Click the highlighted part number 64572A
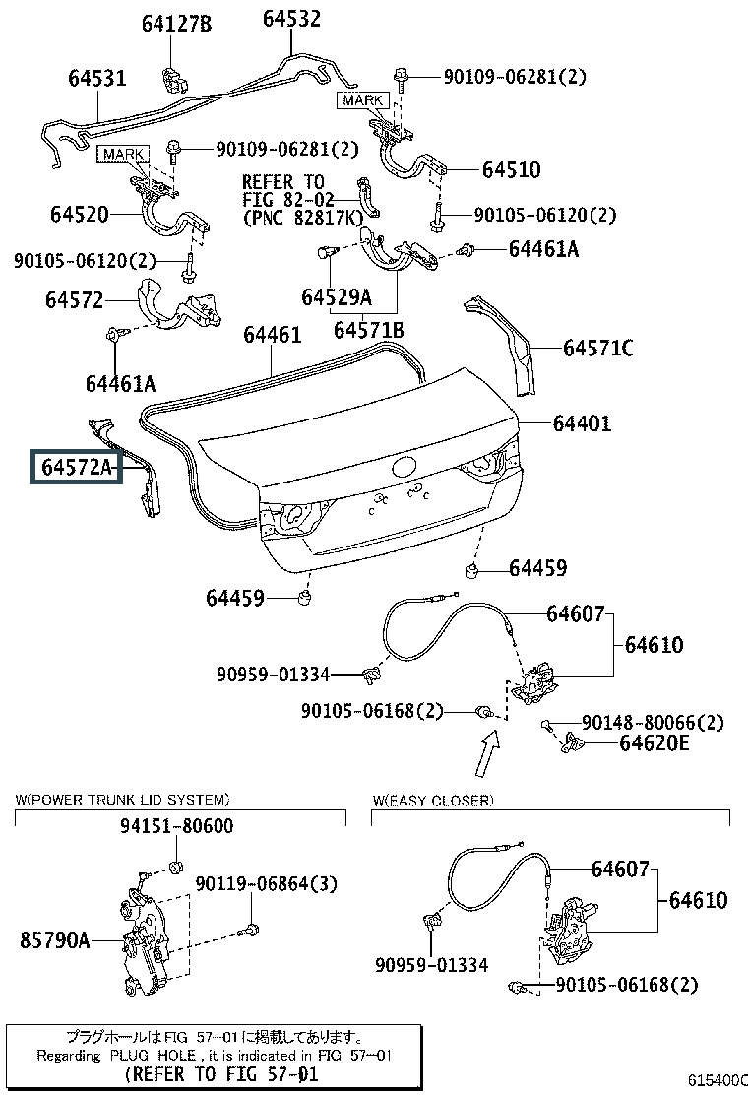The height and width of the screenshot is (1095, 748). (76, 467)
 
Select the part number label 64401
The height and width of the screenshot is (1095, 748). (582, 423)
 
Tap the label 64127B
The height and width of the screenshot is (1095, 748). (176, 24)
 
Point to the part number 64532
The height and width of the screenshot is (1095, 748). (291, 18)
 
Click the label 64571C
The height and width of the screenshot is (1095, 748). (598, 348)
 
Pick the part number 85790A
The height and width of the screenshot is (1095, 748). (55, 940)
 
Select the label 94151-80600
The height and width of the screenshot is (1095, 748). (176, 826)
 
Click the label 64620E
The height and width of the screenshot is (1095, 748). (654, 743)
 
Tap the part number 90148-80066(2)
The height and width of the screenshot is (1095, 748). (654, 722)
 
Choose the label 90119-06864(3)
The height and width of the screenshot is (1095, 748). (267, 884)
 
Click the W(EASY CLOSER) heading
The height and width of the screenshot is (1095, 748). (433, 801)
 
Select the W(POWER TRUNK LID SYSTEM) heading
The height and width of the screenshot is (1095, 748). (122, 800)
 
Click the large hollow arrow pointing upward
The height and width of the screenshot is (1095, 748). (488, 753)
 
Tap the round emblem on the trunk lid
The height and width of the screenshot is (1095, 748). (405, 466)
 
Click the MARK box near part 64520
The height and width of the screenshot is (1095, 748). (123, 154)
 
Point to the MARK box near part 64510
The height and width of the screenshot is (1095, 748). (363, 100)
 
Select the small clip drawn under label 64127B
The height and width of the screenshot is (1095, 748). (174, 80)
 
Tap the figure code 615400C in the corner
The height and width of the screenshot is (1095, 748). (718, 1080)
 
